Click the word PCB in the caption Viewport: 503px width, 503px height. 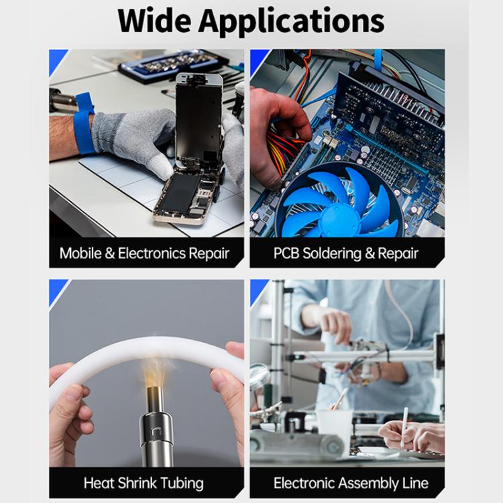(288, 254)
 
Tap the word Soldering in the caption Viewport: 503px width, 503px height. (337, 254)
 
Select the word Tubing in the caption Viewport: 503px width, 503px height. (180, 483)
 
